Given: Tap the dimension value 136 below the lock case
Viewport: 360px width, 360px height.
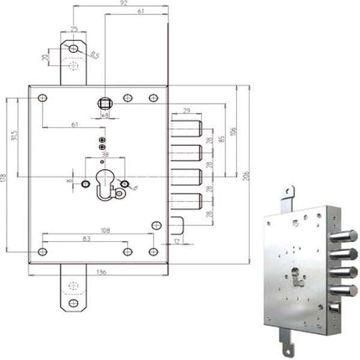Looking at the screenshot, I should click(x=101, y=271).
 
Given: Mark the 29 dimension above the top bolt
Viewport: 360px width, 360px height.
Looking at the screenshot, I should click(x=186, y=109).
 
